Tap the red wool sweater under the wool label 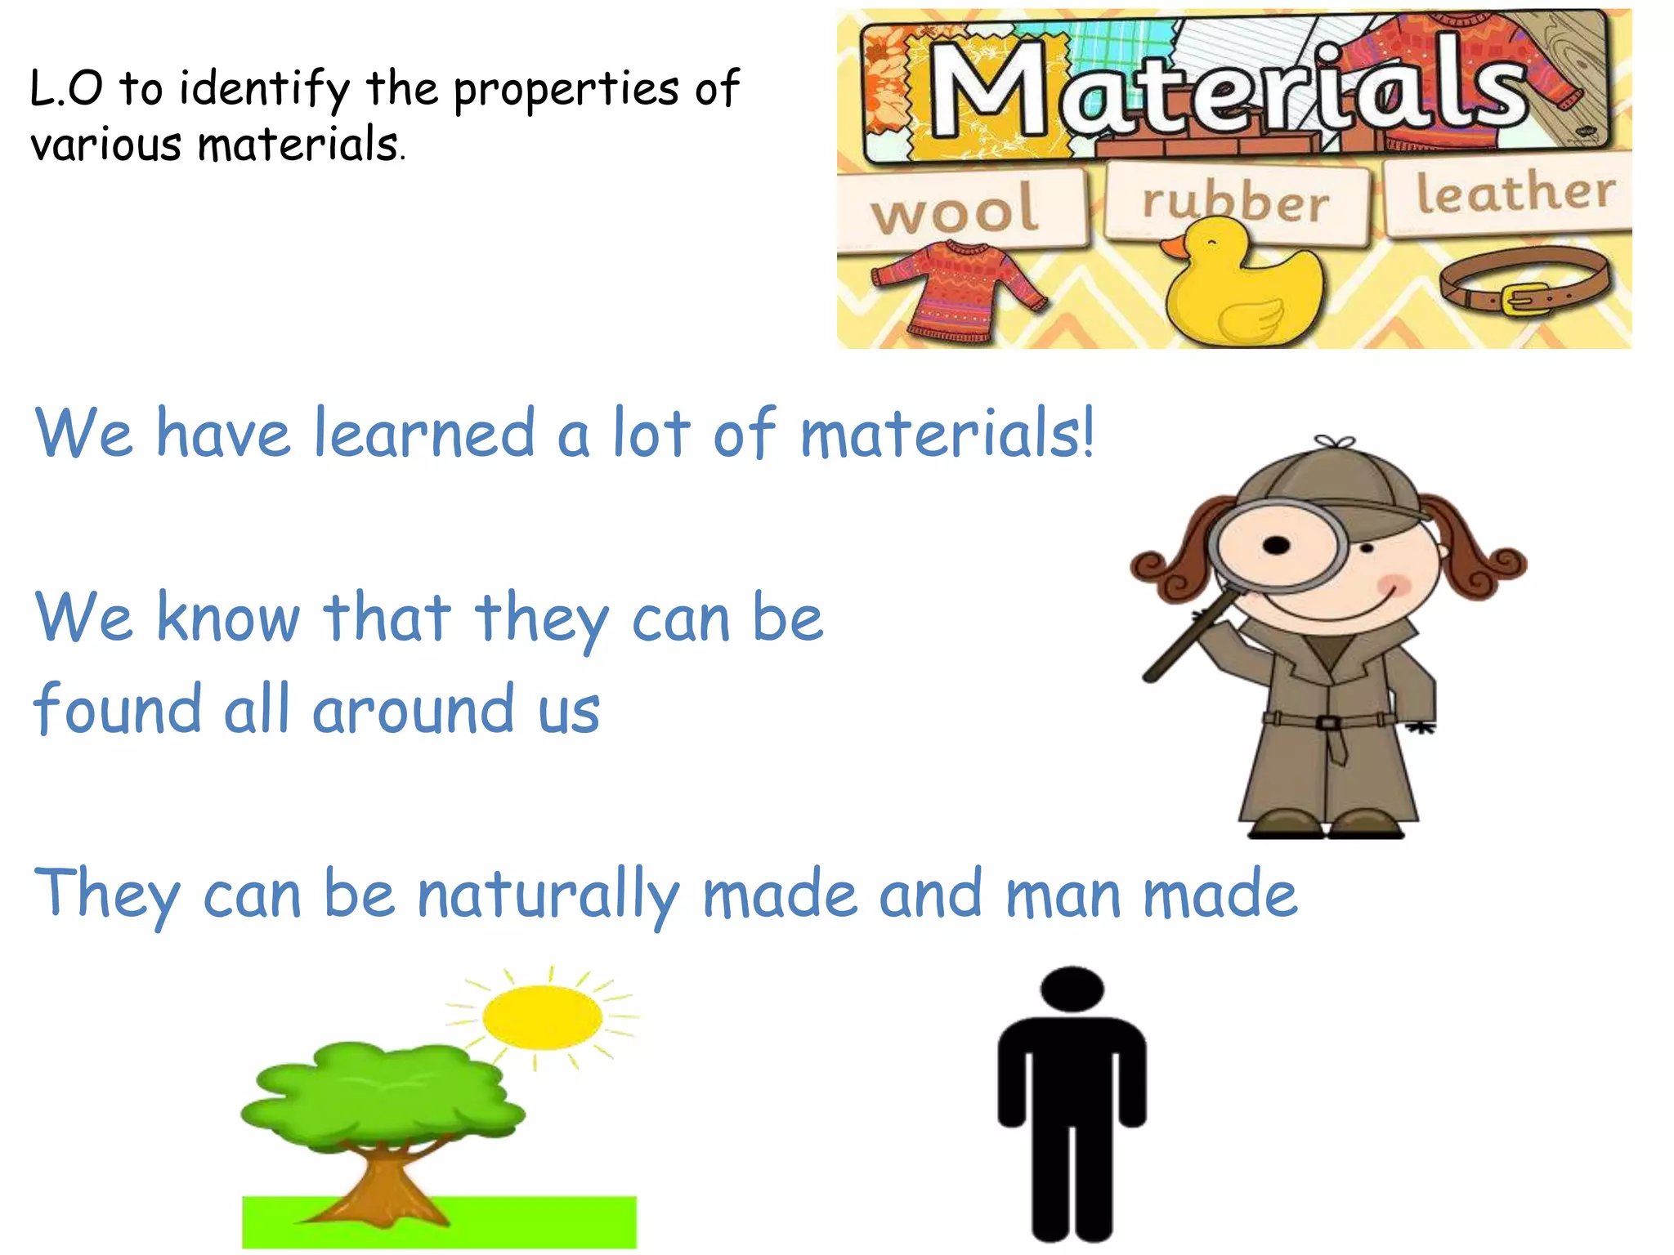(x=956, y=290)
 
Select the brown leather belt (x=1524, y=282)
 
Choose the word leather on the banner (x=1515, y=193)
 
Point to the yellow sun (x=542, y=1017)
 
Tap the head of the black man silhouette (x=1072, y=989)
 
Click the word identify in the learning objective (x=264, y=90)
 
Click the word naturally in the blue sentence (x=548, y=895)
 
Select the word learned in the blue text (x=424, y=433)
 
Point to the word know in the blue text (x=229, y=617)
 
